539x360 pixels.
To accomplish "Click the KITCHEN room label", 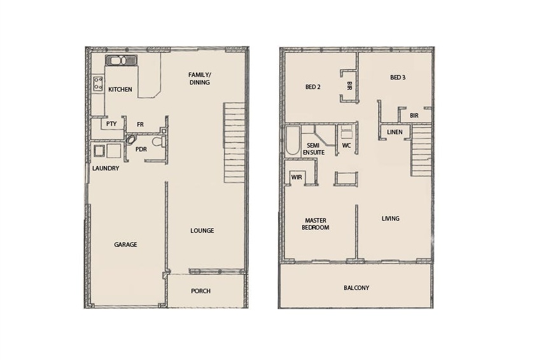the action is point(120,89).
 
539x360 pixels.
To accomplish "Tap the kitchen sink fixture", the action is point(122,61).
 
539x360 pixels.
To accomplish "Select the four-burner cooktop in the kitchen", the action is point(98,84).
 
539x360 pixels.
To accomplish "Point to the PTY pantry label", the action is point(111,123).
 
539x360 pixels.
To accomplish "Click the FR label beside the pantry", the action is point(140,125).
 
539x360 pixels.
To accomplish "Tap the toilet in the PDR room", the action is point(158,142).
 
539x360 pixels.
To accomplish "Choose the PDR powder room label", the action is point(141,149).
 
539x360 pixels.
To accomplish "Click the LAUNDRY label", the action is point(106,169).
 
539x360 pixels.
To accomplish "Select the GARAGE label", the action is point(125,245).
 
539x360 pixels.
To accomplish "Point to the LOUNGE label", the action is point(202,230).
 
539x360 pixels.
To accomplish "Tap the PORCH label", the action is point(200,291).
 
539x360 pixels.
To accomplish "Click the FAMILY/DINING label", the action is point(200,78).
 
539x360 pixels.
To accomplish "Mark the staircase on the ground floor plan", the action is point(234,142).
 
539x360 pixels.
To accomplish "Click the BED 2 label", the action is point(313,87).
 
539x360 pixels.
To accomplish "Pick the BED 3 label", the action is point(398,78).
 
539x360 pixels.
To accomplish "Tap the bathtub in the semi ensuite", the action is point(293,141).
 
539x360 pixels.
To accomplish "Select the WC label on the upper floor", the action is point(346,145).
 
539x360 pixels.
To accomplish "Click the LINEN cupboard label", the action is point(395,132).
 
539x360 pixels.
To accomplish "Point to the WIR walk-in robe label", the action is point(297,177).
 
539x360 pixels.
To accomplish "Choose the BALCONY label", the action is point(356,288).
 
